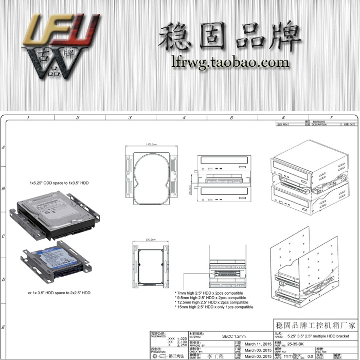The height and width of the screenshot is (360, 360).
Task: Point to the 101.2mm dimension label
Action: click(151, 239)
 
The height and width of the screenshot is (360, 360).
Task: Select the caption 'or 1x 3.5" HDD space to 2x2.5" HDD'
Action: click(59, 293)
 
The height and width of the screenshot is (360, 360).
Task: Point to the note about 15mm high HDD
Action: click(214, 307)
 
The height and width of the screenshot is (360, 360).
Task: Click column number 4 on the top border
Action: click(184, 118)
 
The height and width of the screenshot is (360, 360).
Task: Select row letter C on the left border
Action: click(4, 236)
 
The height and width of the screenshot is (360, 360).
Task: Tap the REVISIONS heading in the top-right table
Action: click(319, 122)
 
